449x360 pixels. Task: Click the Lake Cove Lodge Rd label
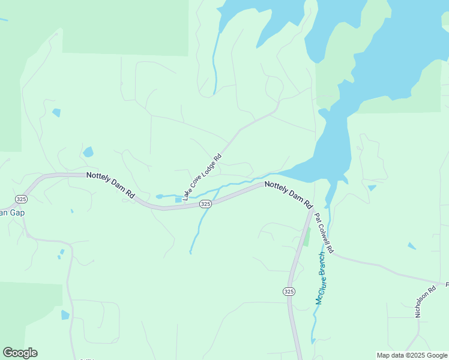click(x=202, y=176)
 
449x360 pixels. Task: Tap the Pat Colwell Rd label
click(x=324, y=230)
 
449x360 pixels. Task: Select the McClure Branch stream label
click(x=322, y=277)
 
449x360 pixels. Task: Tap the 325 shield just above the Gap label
click(x=21, y=199)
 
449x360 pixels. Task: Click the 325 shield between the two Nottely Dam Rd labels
click(x=205, y=204)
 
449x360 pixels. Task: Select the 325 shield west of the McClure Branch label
click(x=289, y=291)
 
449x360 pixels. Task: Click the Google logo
click(x=20, y=353)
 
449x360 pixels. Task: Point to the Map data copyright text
click(x=412, y=355)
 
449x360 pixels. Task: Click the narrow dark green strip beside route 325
click(x=307, y=236)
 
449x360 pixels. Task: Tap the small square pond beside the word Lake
click(x=178, y=199)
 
